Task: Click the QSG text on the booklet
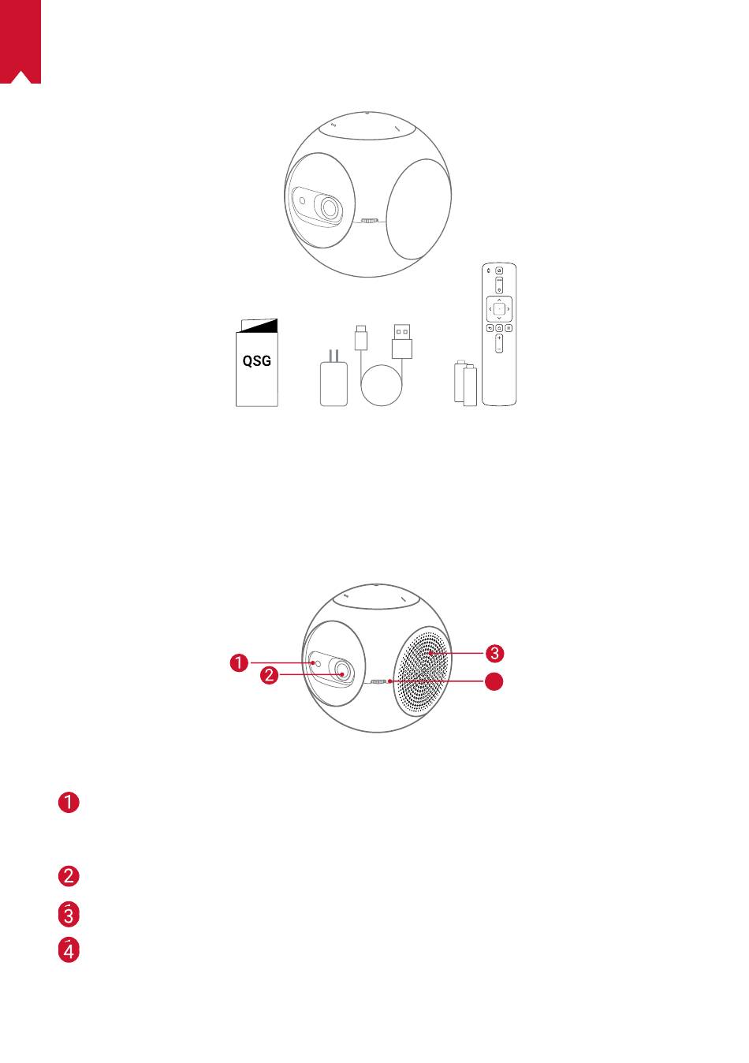click(x=256, y=360)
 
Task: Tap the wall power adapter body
click(x=334, y=384)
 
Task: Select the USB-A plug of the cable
click(x=402, y=341)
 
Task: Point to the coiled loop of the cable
click(x=382, y=385)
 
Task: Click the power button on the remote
click(x=499, y=270)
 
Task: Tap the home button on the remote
click(x=499, y=328)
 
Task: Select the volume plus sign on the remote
click(x=499, y=338)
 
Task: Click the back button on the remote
click(x=490, y=328)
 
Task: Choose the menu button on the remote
click(x=509, y=328)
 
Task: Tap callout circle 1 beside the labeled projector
click(x=239, y=662)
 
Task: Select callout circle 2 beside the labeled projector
click(x=270, y=675)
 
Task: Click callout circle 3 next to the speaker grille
click(x=494, y=654)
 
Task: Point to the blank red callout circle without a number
click(x=494, y=682)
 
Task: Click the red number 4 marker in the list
click(x=69, y=952)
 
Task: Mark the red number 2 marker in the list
click(x=69, y=875)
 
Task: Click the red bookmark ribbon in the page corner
click(x=20, y=42)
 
